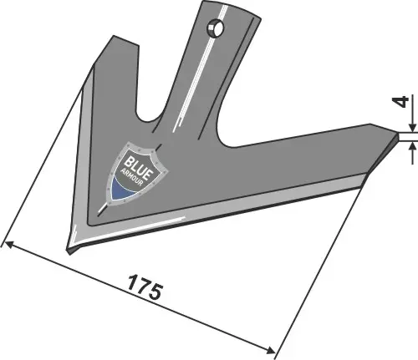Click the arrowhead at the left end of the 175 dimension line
tap(8, 244)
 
